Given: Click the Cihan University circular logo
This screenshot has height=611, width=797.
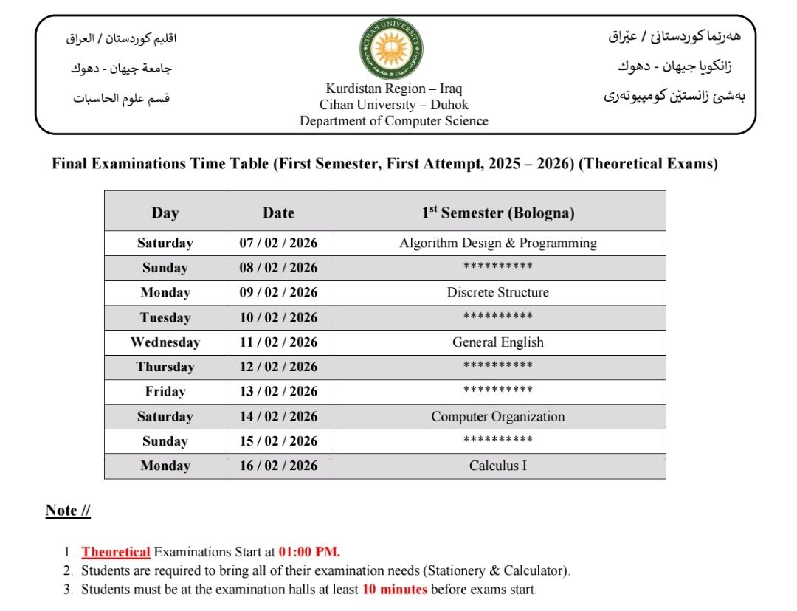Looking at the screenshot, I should (392, 50).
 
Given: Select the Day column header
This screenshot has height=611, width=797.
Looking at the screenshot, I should (165, 213).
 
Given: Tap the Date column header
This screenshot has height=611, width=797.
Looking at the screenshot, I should (278, 213).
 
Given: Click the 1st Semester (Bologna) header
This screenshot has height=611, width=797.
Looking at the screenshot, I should (498, 213).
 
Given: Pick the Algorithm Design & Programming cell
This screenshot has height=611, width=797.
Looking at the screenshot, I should (498, 243).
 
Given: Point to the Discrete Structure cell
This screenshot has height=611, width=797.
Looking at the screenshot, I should (498, 292).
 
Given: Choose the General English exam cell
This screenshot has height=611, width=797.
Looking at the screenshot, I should (498, 342).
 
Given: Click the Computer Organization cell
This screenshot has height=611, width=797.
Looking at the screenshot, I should (498, 417).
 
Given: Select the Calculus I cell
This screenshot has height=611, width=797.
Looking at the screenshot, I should (498, 466).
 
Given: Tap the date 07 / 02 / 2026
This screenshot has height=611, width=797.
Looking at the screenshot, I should (278, 243).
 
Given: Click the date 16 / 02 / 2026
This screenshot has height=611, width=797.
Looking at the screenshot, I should (278, 466).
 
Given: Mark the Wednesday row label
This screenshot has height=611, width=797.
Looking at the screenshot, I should (165, 342).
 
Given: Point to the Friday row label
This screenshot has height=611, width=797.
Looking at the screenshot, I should (165, 392).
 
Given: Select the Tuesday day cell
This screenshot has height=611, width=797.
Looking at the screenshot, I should (165, 318).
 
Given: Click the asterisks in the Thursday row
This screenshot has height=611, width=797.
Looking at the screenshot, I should (498, 367).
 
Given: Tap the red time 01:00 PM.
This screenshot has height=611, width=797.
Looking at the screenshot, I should (309, 552).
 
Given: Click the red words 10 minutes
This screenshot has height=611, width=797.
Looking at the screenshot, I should (394, 590).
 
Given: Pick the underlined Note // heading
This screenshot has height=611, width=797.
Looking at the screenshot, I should (68, 511).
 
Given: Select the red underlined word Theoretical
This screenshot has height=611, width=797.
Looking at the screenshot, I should (116, 552).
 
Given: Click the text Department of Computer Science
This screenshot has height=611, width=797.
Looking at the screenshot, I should (393, 121).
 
